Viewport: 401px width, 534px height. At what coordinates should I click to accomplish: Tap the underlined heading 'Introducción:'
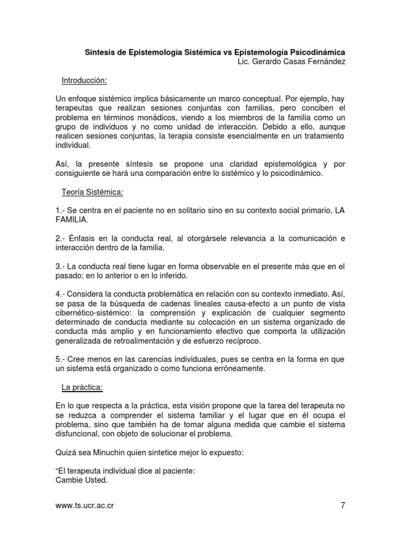(x=85, y=81)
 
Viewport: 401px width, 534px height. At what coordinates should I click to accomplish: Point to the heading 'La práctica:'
(x=82, y=387)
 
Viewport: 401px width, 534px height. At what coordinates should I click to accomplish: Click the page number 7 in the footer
(x=343, y=505)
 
